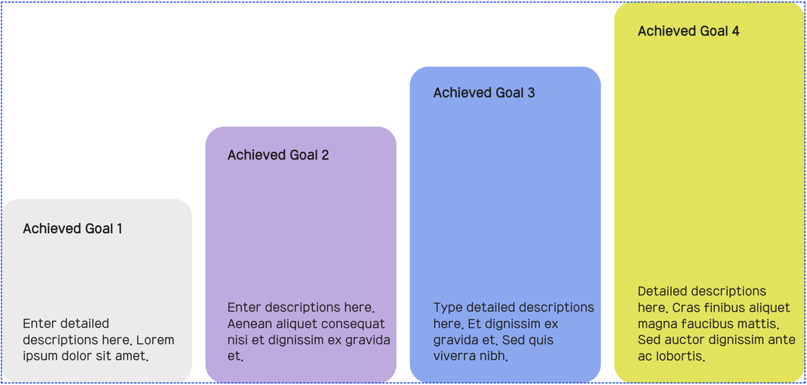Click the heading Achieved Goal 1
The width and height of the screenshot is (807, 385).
(73, 229)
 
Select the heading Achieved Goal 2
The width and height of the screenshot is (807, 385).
(278, 155)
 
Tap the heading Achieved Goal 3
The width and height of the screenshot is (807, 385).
(484, 93)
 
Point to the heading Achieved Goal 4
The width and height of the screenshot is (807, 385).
(689, 31)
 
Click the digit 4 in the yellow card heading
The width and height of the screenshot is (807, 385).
(735, 31)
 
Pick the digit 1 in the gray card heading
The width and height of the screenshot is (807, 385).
(120, 229)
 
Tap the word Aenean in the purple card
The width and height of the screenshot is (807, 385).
(249, 324)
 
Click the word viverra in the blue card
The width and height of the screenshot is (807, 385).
(453, 356)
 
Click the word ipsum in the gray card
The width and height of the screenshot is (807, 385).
(40, 357)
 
